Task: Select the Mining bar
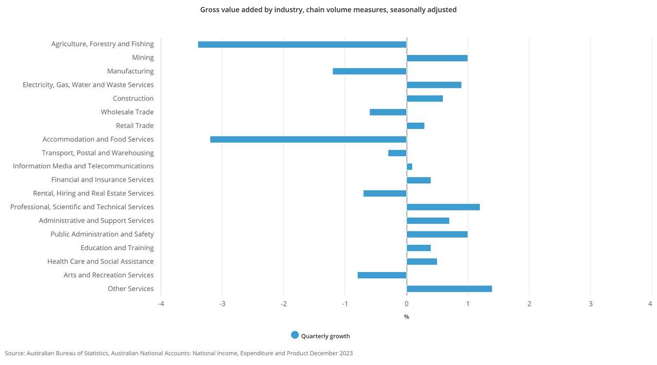(437, 58)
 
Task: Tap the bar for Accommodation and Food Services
(308, 139)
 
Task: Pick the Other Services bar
(449, 289)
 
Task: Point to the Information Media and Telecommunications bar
(409, 166)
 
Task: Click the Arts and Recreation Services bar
(382, 275)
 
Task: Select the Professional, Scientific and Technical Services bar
(443, 207)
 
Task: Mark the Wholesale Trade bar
(388, 112)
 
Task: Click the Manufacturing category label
(130, 71)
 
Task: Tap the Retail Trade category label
(134, 126)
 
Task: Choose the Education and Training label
(117, 248)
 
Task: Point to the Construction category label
(133, 99)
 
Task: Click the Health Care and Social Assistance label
(101, 261)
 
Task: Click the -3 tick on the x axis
(222, 304)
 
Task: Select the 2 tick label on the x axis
(529, 304)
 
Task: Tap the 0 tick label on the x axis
(407, 304)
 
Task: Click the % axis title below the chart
(407, 317)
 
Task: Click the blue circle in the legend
(295, 335)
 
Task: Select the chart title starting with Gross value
(328, 10)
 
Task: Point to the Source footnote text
(179, 353)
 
